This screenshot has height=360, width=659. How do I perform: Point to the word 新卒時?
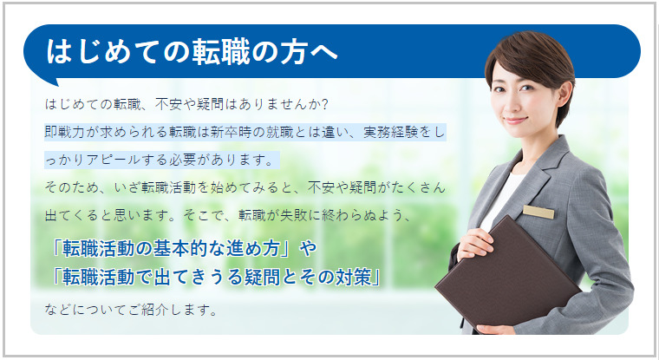pos(232,132)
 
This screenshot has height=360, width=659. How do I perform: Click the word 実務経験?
pos(390,132)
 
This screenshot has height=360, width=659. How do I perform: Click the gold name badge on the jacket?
pos(538,212)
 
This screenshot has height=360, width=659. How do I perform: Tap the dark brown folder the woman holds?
pos(508,273)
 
